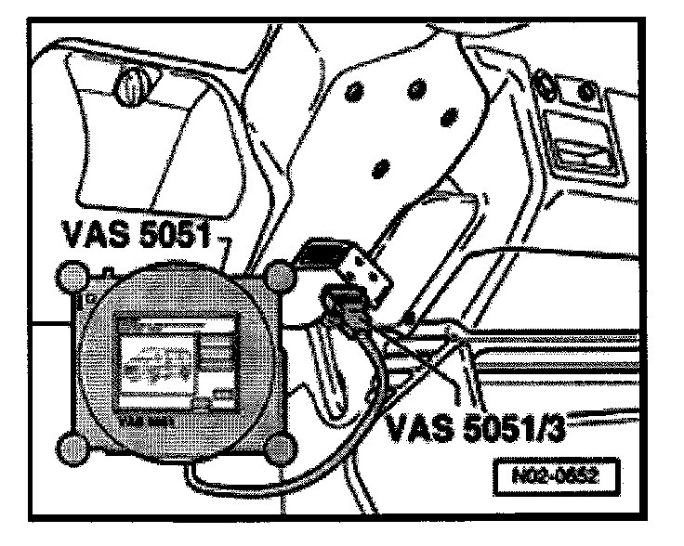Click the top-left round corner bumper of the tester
point(72,275)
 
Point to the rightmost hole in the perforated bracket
point(451,117)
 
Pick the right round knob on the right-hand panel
point(586,90)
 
